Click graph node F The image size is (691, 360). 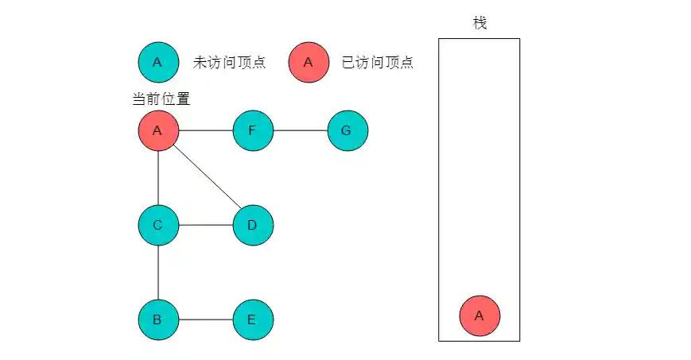(253, 130)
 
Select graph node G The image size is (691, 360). (347, 130)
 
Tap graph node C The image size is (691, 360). (157, 225)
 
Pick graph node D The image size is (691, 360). (253, 225)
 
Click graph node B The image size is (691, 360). (157, 320)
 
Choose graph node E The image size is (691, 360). (253, 320)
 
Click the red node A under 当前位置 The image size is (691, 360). (157, 130)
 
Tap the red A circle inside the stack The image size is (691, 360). (479, 315)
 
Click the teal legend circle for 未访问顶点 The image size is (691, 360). (157, 62)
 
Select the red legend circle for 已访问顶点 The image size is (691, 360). (309, 62)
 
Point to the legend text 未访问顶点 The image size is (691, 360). (228, 63)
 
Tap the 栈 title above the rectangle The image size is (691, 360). (479, 23)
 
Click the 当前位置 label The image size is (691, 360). (161, 99)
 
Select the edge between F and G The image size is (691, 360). (301, 130)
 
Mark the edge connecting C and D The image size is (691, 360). (205, 225)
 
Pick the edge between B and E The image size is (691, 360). (205, 320)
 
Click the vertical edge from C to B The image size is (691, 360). (157, 273)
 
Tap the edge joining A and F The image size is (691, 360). (205, 130)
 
